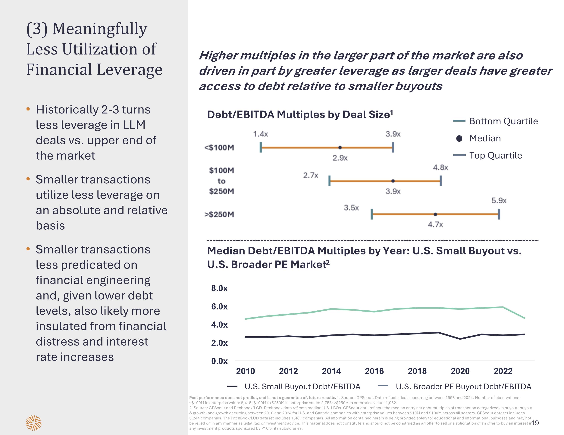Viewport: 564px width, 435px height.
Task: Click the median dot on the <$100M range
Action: click(340, 147)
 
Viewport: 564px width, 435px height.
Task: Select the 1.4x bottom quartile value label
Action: click(260, 134)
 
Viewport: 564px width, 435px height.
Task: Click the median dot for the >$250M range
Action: click(435, 214)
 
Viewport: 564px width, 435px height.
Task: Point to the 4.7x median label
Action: click(435, 225)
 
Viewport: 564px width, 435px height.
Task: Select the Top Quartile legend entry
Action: click(495, 155)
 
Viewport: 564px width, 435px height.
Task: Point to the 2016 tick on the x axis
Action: click(374, 371)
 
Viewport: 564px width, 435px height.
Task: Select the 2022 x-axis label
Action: click(503, 371)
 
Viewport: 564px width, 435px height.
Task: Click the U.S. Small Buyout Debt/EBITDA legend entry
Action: click(302, 387)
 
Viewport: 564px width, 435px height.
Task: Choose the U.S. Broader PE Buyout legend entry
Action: click(463, 387)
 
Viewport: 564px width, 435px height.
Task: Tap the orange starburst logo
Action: click(34, 423)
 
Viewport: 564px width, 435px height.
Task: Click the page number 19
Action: click(535, 423)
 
